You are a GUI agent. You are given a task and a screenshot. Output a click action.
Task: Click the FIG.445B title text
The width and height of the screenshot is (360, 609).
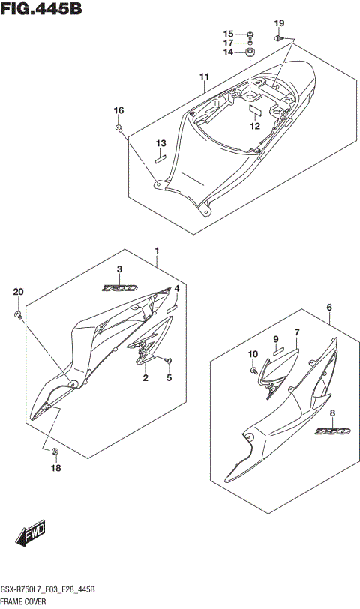41,8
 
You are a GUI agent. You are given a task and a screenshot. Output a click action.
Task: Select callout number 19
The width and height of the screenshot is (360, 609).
279,23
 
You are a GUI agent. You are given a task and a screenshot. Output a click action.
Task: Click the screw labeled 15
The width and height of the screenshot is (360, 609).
250,34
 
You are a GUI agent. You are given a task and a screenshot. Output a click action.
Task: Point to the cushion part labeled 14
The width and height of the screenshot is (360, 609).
250,52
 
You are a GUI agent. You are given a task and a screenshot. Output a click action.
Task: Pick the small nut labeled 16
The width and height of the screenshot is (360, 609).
118,127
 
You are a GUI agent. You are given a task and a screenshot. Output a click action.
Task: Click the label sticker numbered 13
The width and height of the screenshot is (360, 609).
160,159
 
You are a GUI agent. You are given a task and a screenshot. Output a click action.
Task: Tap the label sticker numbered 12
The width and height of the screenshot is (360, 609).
255,110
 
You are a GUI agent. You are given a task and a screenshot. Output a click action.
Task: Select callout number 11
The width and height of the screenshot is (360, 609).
204,76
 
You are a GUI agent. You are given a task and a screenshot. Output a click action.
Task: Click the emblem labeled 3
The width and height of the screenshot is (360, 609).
119,288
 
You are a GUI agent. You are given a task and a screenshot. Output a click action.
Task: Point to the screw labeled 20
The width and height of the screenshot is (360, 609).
18,314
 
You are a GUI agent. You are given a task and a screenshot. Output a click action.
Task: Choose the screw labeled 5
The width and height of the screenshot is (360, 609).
169,361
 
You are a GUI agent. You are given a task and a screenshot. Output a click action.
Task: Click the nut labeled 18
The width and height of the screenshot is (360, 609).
55,451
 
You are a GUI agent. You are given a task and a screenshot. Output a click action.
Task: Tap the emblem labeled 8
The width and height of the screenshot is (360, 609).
332,431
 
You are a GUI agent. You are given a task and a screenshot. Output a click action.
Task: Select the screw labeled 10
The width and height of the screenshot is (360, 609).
253,369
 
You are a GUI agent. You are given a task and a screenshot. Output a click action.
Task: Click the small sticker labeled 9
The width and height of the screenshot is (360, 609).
278,352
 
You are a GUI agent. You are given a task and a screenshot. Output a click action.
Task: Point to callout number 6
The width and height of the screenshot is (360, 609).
329,307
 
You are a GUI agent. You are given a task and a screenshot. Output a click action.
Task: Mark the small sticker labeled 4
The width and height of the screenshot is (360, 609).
172,309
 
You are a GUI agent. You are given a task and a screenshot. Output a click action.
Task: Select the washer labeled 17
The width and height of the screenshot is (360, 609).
250,43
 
